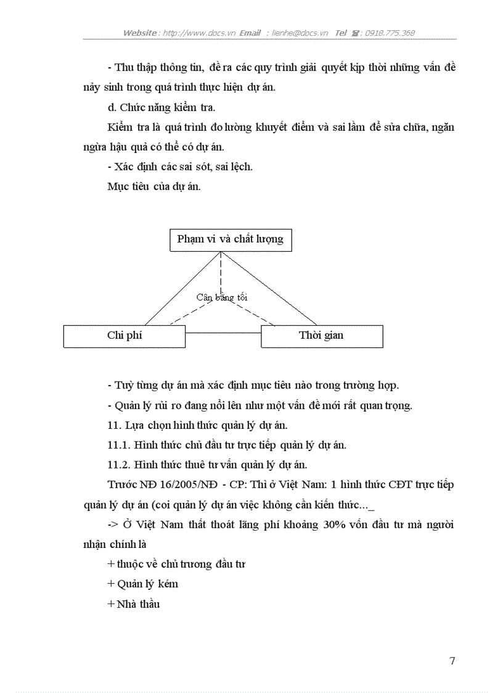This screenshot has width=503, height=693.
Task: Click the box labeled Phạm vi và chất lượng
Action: [231, 239]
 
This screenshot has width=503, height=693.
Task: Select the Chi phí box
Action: [125, 336]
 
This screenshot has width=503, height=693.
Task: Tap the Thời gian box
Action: [322, 336]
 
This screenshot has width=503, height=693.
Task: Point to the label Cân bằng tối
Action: [222, 297]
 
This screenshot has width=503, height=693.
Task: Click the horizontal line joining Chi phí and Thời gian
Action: [223, 334]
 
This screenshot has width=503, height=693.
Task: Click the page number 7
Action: [452, 661]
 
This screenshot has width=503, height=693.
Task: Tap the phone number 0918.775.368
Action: [390, 33]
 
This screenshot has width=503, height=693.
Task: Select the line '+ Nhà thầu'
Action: [134, 604]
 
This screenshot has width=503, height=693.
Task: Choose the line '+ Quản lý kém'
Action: [143, 584]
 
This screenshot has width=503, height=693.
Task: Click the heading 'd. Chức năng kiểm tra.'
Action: [161, 107]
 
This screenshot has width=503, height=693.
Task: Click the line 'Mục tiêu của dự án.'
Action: [153, 187]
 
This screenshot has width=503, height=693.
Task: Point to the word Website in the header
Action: [141, 33]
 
